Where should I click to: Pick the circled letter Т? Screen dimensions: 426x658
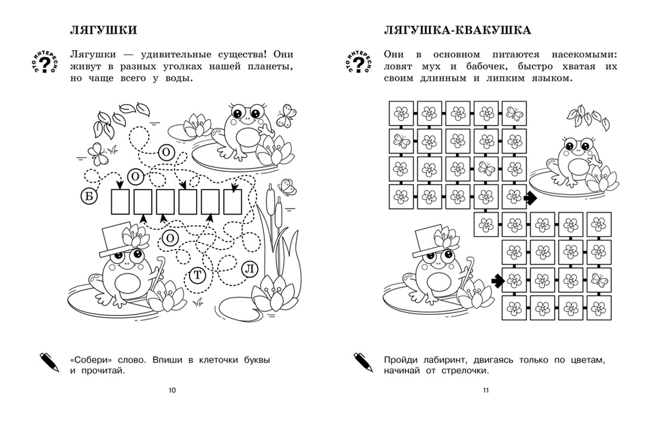(x=196, y=277)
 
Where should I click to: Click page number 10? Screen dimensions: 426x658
(x=172, y=390)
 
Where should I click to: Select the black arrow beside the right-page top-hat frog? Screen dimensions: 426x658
(x=497, y=280)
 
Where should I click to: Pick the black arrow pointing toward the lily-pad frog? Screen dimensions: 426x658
(x=530, y=197)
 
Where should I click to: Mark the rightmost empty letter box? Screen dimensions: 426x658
(x=232, y=202)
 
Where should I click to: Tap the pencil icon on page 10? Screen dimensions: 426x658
(x=49, y=361)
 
